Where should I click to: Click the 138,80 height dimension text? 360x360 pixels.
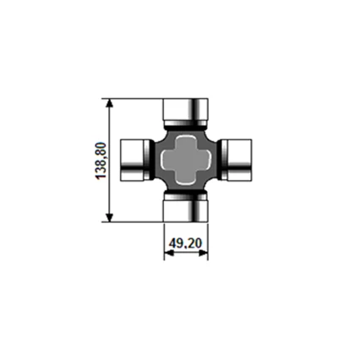[101, 161]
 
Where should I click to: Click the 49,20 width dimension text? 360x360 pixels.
[186, 243]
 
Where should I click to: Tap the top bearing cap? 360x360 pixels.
[186, 112]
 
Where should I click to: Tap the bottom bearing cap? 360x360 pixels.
[186, 208]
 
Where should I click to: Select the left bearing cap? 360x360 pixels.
[135, 160]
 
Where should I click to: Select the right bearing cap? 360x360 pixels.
[237, 160]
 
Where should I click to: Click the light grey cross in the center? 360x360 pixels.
[186, 160]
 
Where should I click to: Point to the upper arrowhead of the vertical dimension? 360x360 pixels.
[109, 103]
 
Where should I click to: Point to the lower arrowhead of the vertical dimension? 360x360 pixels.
[109, 217]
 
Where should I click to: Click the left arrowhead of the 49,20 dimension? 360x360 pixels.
[168, 253]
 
